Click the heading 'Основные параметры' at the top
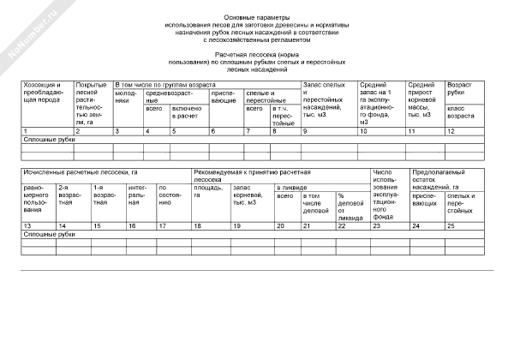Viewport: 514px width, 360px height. [x=257, y=17]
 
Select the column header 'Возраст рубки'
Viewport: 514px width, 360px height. [x=459, y=90]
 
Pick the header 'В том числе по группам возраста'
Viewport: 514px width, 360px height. [x=163, y=86]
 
